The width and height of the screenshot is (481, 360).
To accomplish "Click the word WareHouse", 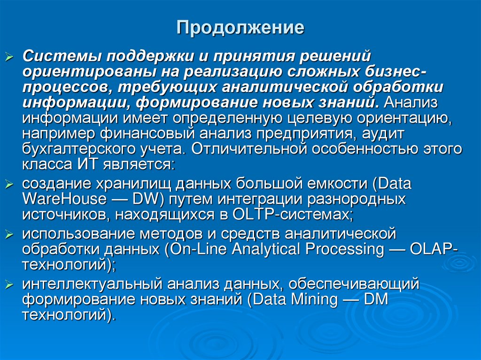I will tap(64, 199).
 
